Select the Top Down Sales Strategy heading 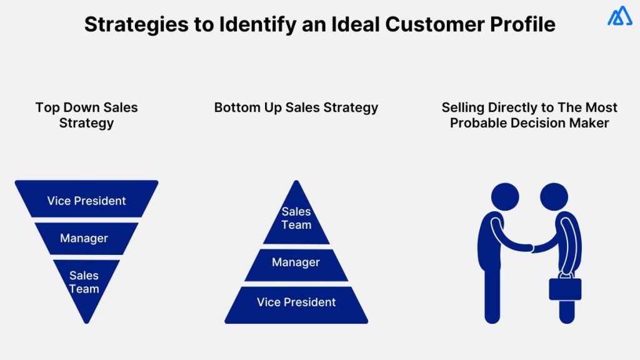click(x=86, y=115)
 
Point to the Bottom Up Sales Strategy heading click(x=296, y=107)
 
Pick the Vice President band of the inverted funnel click(x=86, y=201)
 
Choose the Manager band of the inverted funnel click(x=84, y=238)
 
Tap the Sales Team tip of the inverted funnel click(x=84, y=282)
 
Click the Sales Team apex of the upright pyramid click(x=296, y=219)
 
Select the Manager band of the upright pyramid click(x=296, y=263)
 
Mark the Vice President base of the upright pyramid click(x=296, y=302)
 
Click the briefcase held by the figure click(x=566, y=288)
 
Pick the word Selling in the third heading click(x=464, y=107)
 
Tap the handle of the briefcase click(x=566, y=273)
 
